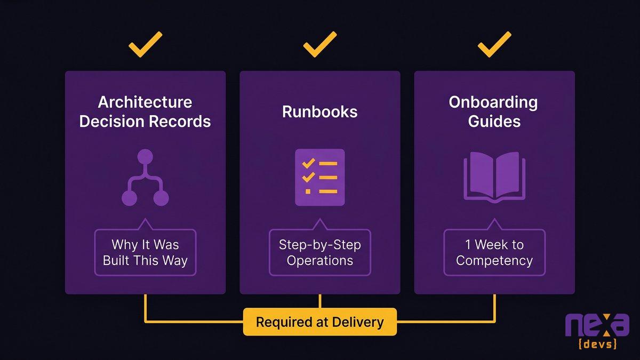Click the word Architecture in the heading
(145, 102)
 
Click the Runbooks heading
(319, 111)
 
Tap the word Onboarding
(493, 102)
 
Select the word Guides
(494, 121)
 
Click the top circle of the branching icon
(145, 157)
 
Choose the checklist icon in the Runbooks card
(319, 177)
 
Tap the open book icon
(494, 177)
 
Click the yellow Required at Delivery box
(319, 322)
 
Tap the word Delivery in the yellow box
(358, 322)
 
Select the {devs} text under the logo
(597, 343)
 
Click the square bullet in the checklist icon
(308, 191)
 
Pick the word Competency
(494, 261)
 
